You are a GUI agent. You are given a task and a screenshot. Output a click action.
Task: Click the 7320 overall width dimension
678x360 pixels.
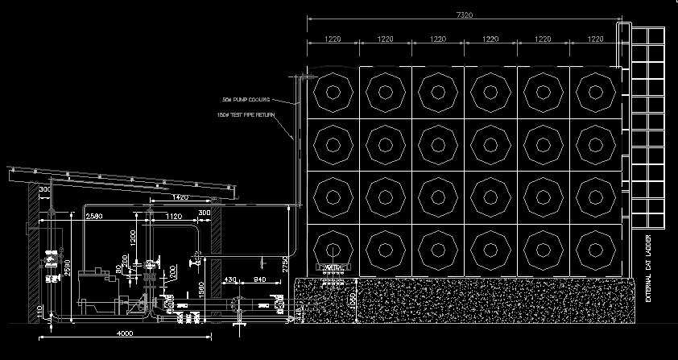tap(463, 14)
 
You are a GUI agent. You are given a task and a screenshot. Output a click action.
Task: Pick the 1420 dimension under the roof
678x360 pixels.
tap(180, 197)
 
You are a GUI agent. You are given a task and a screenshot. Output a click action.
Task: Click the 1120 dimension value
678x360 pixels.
tap(173, 217)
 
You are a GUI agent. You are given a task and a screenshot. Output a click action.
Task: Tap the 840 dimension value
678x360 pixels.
tap(260, 279)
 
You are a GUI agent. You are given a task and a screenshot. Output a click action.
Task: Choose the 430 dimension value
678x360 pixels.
tap(231, 279)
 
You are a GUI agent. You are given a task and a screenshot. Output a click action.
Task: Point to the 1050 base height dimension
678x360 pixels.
tap(352, 302)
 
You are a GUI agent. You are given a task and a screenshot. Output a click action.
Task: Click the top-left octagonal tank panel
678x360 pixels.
tap(332, 92)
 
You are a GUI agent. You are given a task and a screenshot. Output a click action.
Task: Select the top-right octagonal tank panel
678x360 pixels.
tap(595, 92)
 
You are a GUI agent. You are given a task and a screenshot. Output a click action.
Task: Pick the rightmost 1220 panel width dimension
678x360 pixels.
tap(595, 39)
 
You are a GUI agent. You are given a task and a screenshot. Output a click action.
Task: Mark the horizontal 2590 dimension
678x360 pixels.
tap(94, 217)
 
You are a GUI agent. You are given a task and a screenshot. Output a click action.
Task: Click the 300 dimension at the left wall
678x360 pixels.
tap(43, 190)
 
